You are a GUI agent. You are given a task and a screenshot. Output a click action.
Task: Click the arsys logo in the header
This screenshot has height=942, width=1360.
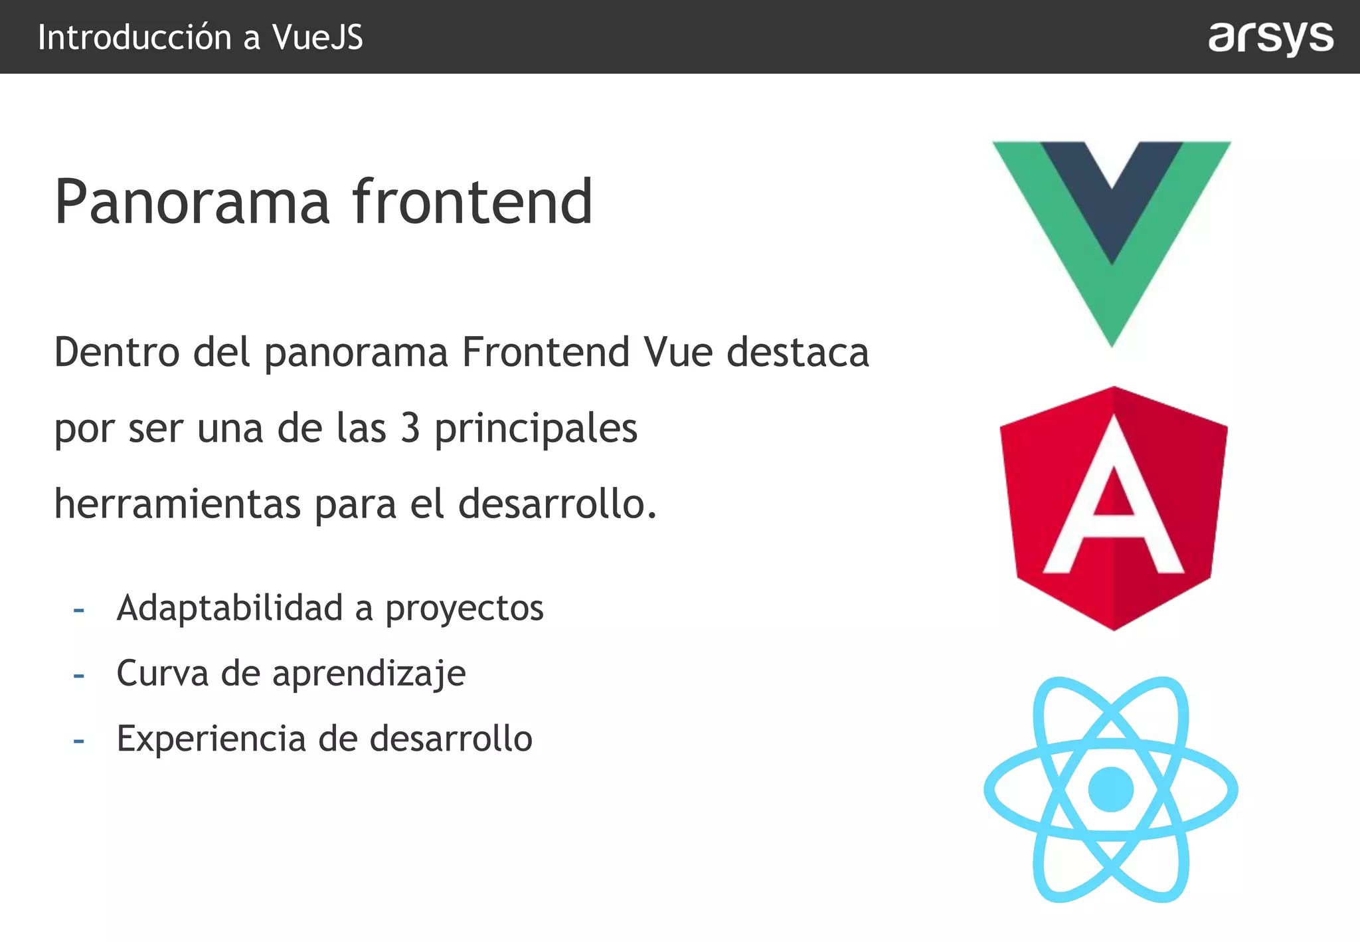(x=1270, y=37)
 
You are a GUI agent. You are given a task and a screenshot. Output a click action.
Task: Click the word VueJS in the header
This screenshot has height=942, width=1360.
(x=317, y=37)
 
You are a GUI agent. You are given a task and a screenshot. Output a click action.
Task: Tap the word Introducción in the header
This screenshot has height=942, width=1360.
(x=135, y=37)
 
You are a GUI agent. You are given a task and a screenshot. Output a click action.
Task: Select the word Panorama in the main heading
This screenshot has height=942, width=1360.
(x=192, y=202)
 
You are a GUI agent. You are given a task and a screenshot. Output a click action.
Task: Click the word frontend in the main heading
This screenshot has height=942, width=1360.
(x=472, y=202)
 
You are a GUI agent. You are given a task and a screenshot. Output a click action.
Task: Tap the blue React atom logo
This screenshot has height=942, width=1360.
(x=1111, y=789)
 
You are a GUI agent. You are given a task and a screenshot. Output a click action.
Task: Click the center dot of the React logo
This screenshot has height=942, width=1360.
(x=1111, y=789)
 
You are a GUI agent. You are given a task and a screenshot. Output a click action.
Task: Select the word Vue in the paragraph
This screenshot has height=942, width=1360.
(x=679, y=352)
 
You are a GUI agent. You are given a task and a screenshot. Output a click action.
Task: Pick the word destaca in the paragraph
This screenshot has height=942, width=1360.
(x=798, y=352)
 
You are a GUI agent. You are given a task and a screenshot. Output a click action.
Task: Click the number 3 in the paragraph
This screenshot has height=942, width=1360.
(x=410, y=428)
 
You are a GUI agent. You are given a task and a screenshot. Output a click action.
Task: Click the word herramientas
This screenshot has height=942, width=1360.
(x=177, y=504)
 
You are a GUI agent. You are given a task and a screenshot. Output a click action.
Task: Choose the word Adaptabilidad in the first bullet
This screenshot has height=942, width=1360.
(x=230, y=608)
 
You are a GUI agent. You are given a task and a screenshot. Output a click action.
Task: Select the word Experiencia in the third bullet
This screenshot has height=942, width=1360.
(x=211, y=739)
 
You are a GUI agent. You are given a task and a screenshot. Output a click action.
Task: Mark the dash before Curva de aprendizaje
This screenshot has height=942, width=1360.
(x=79, y=676)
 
